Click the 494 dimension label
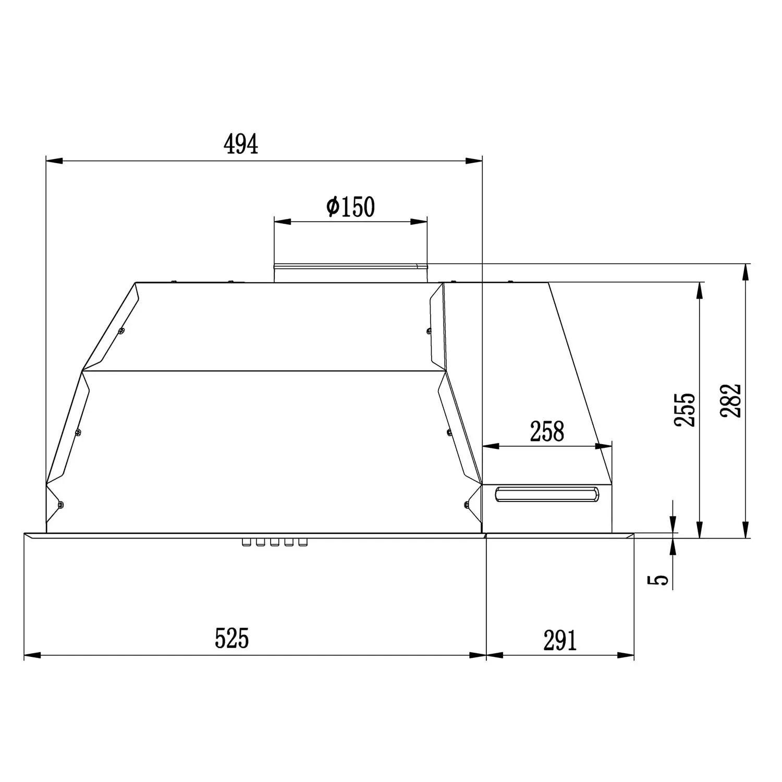[241, 144]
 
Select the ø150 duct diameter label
[350, 206]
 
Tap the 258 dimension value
[547, 432]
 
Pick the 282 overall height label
[730, 400]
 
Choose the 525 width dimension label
[232, 638]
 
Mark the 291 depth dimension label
[560, 641]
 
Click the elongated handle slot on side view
[546, 494]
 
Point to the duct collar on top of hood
[350, 273]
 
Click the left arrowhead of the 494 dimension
[54, 161]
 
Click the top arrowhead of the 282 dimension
[747, 273]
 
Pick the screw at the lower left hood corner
[61, 504]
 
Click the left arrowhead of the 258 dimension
[491, 446]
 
